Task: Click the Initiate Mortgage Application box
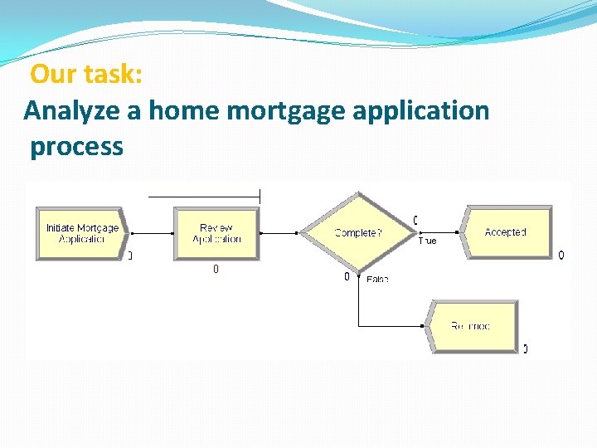click(81, 233)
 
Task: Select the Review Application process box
click(216, 233)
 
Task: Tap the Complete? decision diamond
click(357, 233)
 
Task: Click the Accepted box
click(506, 232)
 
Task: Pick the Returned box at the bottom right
click(471, 326)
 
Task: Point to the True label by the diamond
click(427, 241)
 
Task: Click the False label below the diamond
click(377, 280)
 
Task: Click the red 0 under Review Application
click(216, 269)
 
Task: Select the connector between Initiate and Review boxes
click(150, 233)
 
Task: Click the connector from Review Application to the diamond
click(279, 233)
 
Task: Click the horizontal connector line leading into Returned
click(391, 326)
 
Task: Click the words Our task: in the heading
click(86, 75)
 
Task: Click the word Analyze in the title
click(73, 110)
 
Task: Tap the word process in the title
click(76, 147)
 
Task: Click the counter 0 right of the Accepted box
click(561, 255)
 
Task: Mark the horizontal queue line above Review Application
click(204, 197)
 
